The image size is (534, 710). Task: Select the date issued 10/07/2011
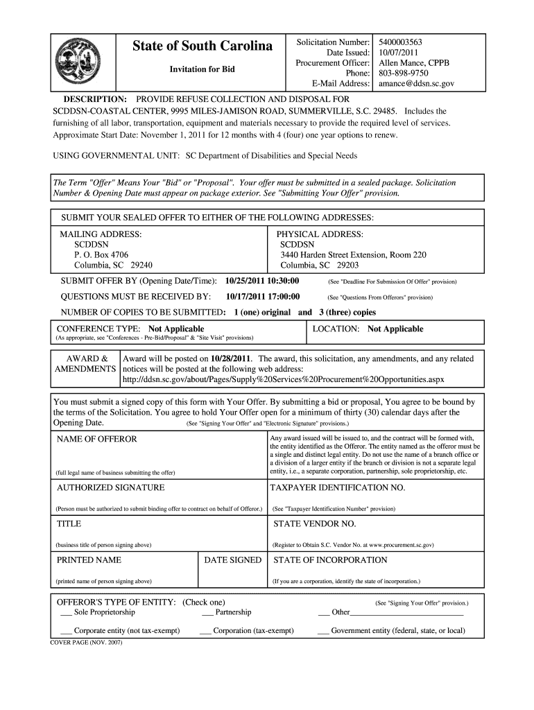[x=399, y=53]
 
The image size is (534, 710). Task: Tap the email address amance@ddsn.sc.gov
[x=416, y=83]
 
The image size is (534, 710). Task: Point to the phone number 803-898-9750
[x=404, y=73]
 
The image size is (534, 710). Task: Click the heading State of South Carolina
[x=203, y=47]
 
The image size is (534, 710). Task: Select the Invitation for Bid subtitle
[x=203, y=69]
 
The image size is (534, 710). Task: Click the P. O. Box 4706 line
[x=101, y=255]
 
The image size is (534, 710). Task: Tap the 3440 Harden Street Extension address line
[x=353, y=255]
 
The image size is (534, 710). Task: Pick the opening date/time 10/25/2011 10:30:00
[x=262, y=282]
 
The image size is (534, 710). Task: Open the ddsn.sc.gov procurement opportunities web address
[x=283, y=380]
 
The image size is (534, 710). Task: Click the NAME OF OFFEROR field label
[x=96, y=439]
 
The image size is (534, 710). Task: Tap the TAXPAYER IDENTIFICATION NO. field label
[x=338, y=487]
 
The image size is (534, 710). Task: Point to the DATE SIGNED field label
[x=233, y=560]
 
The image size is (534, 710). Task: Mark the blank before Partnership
[x=207, y=613]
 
